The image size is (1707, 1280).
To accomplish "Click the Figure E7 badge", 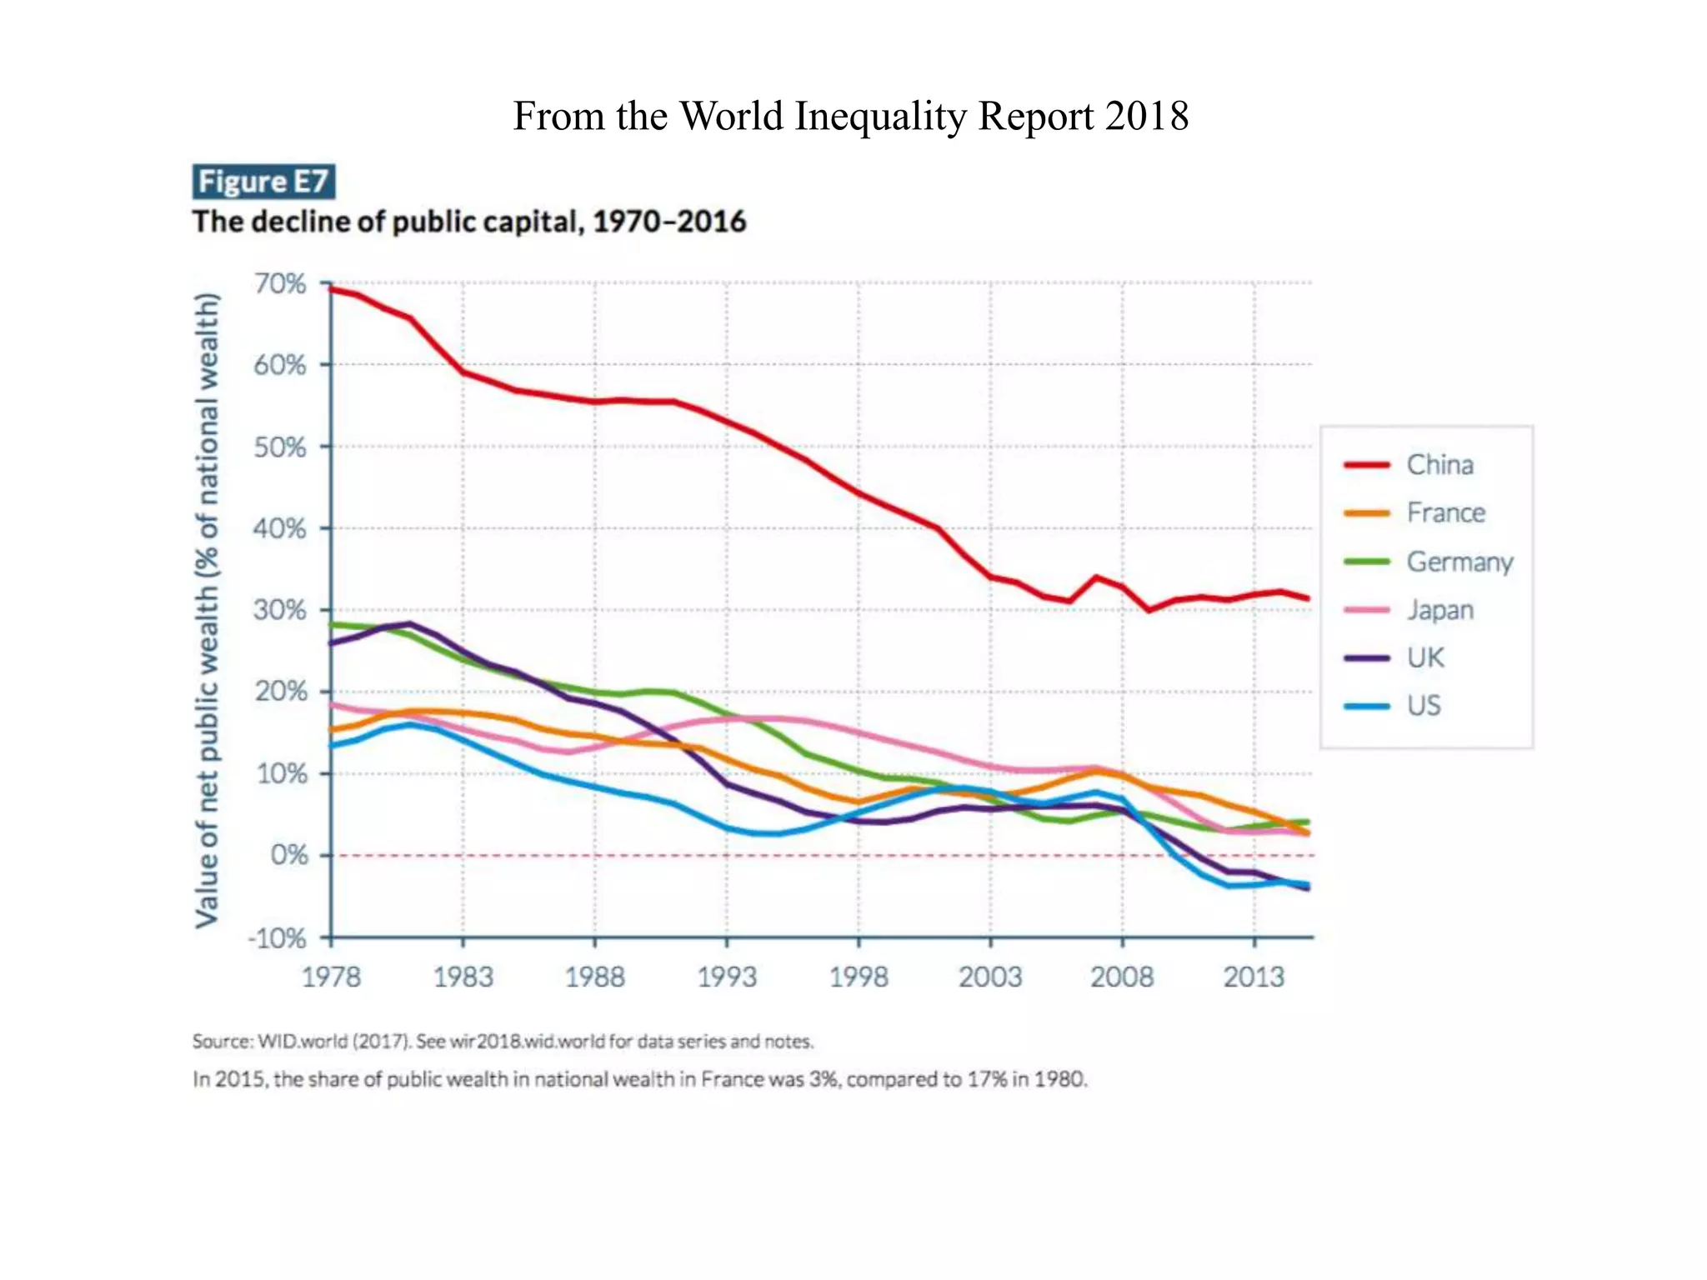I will [x=263, y=182].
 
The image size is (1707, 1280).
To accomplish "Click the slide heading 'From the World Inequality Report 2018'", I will [x=850, y=116].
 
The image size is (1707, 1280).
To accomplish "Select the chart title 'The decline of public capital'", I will [x=469, y=222].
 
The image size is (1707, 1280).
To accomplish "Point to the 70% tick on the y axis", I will [x=280, y=284].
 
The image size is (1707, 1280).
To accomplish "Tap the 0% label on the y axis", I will [x=288, y=855].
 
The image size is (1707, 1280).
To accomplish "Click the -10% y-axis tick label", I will [x=278, y=938].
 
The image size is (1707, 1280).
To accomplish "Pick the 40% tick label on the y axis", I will [x=280, y=528].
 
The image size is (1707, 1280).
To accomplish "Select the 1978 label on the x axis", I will [x=331, y=977].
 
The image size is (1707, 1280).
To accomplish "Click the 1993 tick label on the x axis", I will [x=727, y=977].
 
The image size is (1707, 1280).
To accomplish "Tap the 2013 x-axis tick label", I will [x=1254, y=977].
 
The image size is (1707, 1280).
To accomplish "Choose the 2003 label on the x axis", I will [x=990, y=977].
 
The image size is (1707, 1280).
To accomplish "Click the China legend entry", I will [x=1439, y=465].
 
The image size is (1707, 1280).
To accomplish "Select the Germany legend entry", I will [x=1459, y=562].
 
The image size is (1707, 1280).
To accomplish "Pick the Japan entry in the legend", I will [x=1440, y=610].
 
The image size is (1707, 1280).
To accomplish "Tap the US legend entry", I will [x=1424, y=706].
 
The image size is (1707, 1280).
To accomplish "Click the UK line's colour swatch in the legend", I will [x=1367, y=658].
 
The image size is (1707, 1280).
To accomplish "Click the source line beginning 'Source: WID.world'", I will [x=503, y=1041].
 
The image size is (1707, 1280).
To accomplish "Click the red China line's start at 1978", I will [x=333, y=289].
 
